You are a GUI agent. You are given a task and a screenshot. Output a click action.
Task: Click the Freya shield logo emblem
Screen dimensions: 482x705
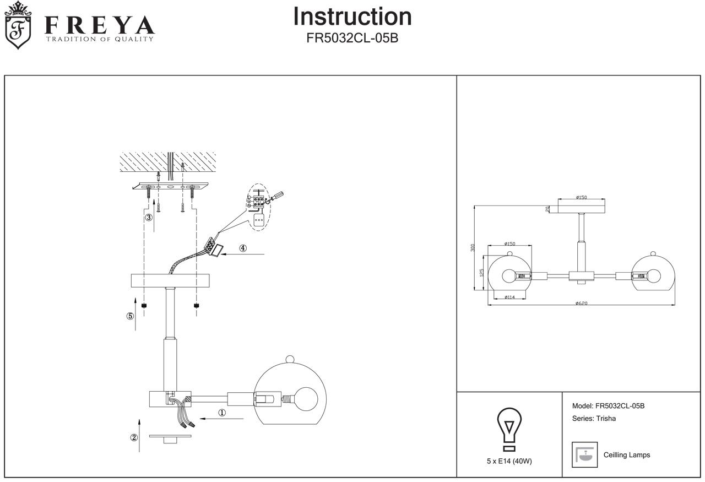pos(18,26)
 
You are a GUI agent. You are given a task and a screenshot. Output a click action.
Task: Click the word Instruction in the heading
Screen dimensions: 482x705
pos(352,17)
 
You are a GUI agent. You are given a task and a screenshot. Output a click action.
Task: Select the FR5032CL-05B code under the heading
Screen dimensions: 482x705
pos(352,39)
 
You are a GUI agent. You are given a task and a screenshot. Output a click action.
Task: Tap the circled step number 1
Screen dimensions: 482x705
pos(222,413)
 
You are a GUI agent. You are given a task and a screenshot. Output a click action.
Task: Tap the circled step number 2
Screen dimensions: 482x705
pos(134,438)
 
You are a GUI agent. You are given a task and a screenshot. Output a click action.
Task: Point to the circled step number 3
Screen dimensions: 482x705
pos(149,217)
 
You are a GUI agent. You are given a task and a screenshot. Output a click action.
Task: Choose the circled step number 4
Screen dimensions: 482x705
pos(243,248)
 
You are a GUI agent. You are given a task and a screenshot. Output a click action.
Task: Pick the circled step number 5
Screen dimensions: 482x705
pos(130,316)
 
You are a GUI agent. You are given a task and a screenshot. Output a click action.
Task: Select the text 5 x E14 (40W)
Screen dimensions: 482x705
pos(509,461)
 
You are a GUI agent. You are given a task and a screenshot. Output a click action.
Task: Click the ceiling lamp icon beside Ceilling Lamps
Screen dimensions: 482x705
pos(584,454)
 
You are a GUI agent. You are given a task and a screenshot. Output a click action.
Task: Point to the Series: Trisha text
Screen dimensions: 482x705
pos(594,419)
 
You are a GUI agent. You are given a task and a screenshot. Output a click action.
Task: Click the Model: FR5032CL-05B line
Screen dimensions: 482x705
pos(608,406)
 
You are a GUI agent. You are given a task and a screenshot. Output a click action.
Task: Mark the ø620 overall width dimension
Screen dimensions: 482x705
pos(581,303)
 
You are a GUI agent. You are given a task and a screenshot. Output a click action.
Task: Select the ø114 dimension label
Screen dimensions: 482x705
pos(509,297)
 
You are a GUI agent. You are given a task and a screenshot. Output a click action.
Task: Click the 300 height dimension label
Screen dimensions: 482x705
pos(473,248)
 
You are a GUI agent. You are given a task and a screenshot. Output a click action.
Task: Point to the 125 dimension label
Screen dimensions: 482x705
pos(481,273)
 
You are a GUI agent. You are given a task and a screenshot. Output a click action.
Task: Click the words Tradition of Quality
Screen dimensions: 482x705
pos(99,39)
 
